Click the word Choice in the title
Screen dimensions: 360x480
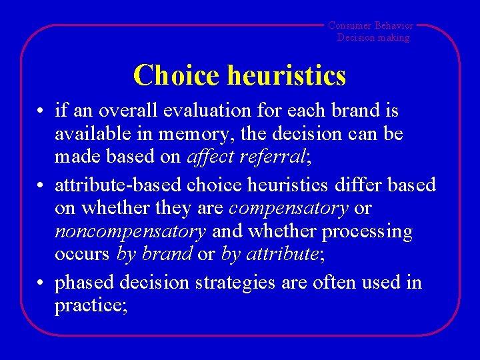[x=176, y=75]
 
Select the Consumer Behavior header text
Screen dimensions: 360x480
[x=371, y=25]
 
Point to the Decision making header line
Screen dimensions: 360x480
[x=373, y=37]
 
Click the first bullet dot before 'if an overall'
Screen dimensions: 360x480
[x=41, y=111]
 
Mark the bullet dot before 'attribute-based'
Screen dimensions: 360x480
[x=41, y=185]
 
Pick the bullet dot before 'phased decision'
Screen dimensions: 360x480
[x=41, y=283]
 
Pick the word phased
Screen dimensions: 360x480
[x=85, y=283]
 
